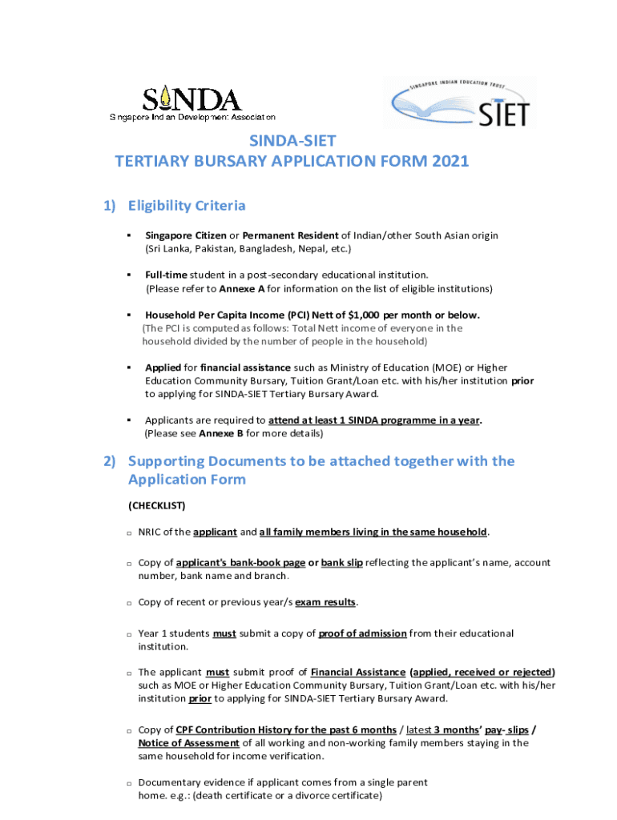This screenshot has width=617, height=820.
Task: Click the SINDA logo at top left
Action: [192, 102]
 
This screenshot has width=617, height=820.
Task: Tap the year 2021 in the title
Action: [449, 161]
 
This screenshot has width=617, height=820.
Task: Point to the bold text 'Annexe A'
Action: [242, 288]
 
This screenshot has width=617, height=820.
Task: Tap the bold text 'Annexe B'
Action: [220, 433]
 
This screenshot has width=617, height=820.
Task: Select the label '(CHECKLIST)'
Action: [157, 505]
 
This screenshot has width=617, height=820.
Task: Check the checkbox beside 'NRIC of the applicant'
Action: [129, 533]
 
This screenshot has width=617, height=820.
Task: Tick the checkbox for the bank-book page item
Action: [129, 564]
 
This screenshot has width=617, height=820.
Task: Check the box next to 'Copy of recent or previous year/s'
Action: [129, 603]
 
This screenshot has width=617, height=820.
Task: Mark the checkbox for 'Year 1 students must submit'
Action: [129, 634]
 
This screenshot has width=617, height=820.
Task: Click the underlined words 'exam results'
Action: [325, 602]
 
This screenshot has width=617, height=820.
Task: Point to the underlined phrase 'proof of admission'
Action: [362, 633]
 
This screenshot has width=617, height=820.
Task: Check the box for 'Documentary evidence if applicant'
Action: [129, 782]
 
